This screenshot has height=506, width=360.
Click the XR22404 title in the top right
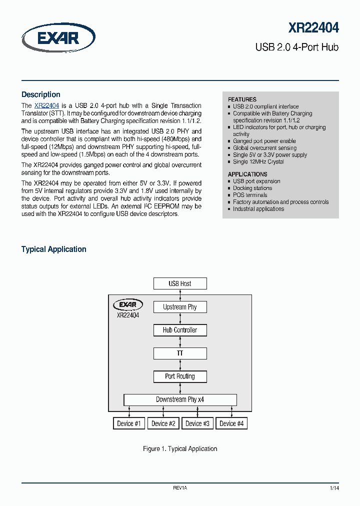(313, 28)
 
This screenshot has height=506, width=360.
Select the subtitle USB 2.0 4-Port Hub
(297, 47)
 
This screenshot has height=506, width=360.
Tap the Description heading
(41, 94)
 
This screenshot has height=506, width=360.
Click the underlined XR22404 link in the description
(47, 105)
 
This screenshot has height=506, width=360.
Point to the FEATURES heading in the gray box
(242, 99)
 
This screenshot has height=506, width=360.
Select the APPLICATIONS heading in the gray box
(247, 174)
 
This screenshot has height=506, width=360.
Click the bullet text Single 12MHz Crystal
(258, 161)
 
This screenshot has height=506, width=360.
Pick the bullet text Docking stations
(252, 188)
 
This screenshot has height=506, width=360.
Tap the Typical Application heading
(54, 249)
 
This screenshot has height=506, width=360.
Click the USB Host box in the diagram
(180, 283)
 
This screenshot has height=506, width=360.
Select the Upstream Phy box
(180, 307)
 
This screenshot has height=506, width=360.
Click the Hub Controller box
(180, 330)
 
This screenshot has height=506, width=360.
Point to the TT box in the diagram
(180, 353)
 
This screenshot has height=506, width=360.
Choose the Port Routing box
(180, 376)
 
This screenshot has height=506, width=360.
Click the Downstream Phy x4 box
(180, 399)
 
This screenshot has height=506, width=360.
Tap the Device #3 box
(197, 423)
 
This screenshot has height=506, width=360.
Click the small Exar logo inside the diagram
(128, 304)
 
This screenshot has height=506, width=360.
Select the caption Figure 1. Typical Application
(180, 448)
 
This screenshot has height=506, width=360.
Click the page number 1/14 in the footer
(334, 487)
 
